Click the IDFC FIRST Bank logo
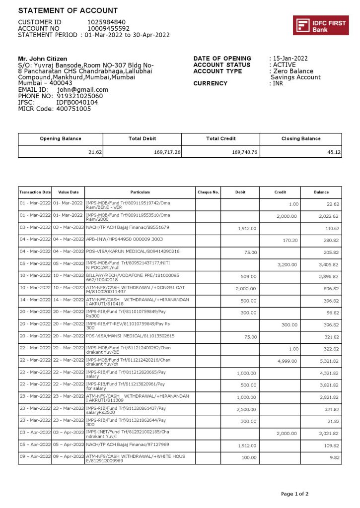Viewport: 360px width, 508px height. pyautogui.click(x=320, y=25)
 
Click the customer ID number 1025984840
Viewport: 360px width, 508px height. pyautogui.click(x=106, y=22)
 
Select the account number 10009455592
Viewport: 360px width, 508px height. pyautogui.click(x=108, y=29)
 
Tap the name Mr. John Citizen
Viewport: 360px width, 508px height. pyautogui.click(x=43, y=59)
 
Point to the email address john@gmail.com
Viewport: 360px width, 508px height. pyautogui.click(x=82, y=90)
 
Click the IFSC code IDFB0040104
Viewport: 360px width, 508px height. pyautogui.click(x=77, y=102)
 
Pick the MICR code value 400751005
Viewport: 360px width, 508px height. pyautogui.click(x=73, y=109)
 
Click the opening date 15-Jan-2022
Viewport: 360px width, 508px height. pyautogui.click(x=290, y=59)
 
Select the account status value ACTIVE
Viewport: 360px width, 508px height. pyautogui.click(x=285, y=65)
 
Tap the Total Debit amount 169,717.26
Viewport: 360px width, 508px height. pyautogui.click(x=167, y=152)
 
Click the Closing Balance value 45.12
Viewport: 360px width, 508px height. pyautogui.click(x=334, y=152)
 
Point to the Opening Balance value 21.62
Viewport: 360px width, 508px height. pyautogui.click(x=95, y=152)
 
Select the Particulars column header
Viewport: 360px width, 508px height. pyautogui.click(x=140, y=192)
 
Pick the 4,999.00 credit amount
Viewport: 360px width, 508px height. pyautogui.click(x=287, y=361)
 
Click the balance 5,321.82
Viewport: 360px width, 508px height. pyautogui.click(x=328, y=361)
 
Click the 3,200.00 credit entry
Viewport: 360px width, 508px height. pyautogui.click(x=287, y=264)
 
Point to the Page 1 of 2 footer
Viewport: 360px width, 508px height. pyautogui.click(x=294, y=494)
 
